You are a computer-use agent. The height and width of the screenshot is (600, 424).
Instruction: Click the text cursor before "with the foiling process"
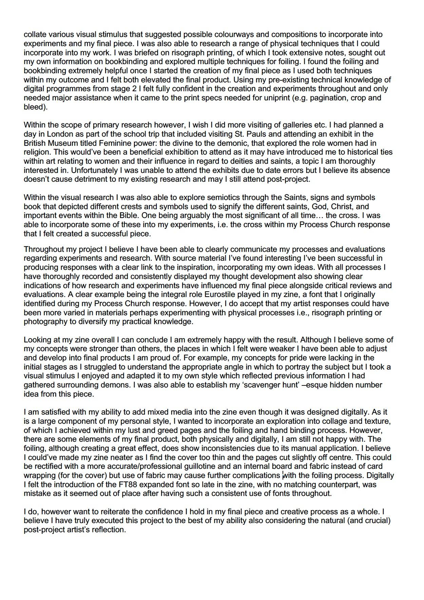pos(283,476)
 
